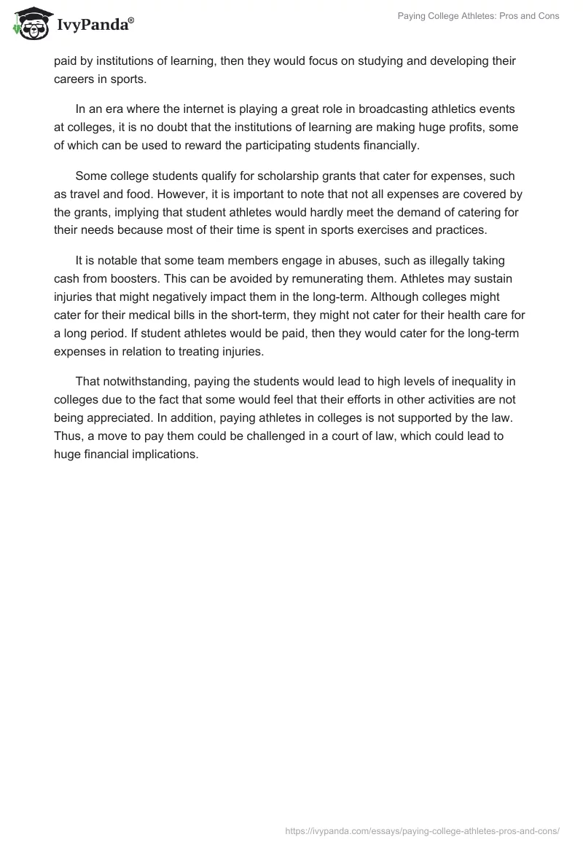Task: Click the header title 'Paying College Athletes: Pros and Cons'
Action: coord(479,16)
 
